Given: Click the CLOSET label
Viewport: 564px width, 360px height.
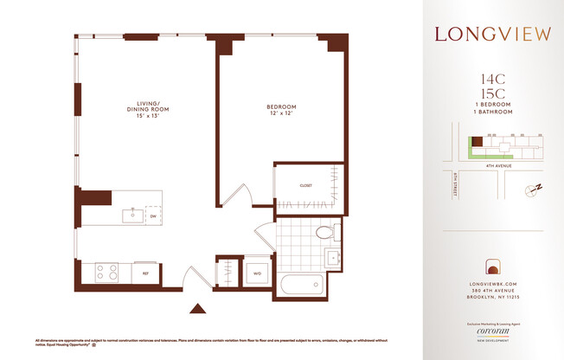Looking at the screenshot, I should pos(306,186).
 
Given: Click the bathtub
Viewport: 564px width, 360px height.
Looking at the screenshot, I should pos(301,285).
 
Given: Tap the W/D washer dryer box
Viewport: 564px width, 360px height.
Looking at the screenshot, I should pos(257,273).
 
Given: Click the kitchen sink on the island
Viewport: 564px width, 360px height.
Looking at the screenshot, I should pos(133,214).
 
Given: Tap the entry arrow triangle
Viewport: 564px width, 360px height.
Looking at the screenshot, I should pos(198,308).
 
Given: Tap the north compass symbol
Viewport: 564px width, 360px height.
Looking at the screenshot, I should pos(534,188).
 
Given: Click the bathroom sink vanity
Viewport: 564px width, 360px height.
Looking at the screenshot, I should pos(333,258).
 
